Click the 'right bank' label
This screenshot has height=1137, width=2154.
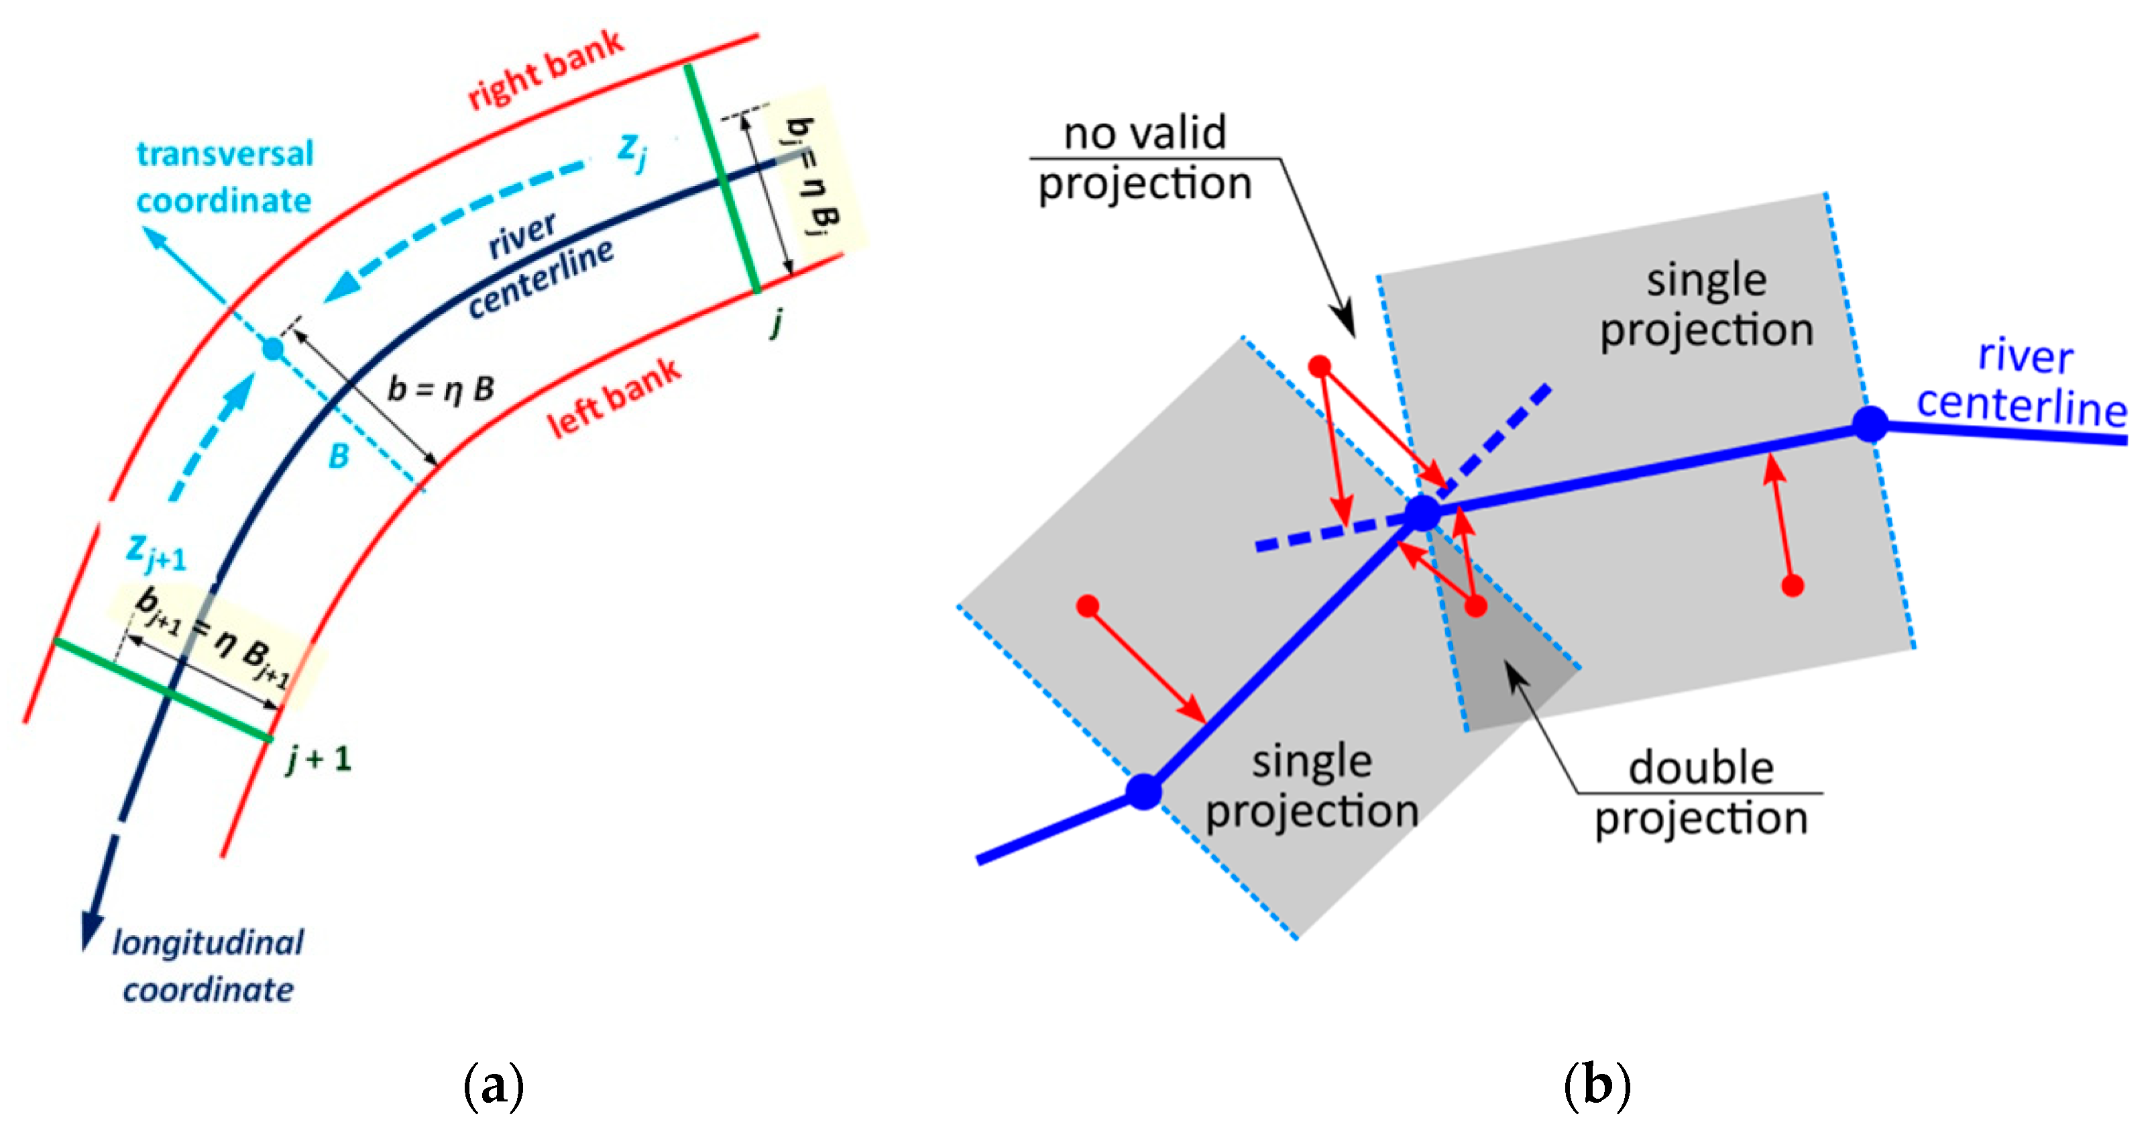(546, 70)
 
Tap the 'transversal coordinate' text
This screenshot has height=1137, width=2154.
(225, 177)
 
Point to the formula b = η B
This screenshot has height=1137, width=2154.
(441, 389)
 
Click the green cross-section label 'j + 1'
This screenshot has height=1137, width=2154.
(318, 760)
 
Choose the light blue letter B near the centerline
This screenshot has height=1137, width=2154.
(339, 456)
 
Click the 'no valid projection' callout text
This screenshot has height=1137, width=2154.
(1145, 158)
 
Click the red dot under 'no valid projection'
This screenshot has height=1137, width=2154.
(1320, 366)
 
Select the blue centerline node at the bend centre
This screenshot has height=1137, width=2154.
(1422, 513)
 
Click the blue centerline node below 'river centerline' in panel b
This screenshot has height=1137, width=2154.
(1870, 424)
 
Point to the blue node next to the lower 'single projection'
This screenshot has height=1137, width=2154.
(1144, 791)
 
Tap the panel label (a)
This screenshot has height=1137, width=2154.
(494, 1086)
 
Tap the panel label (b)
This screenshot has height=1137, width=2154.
(1597, 1086)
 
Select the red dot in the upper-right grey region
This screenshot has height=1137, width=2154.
(1792, 585)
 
